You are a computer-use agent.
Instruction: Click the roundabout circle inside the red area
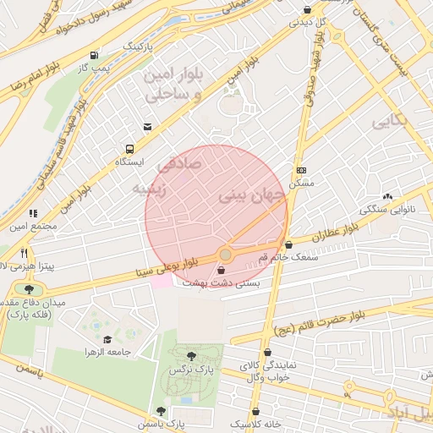pyautogui.click(x=225, y=255)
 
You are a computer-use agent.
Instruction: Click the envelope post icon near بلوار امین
pyautogui.click(x=148, y=127)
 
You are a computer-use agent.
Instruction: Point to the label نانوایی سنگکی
pyautogui.click(x=386, y=208)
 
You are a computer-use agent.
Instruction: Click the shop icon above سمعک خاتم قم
pyautogui.click(x=288, y=244)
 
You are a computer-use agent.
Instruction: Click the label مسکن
pyautogui.click(x=301, y=183)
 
